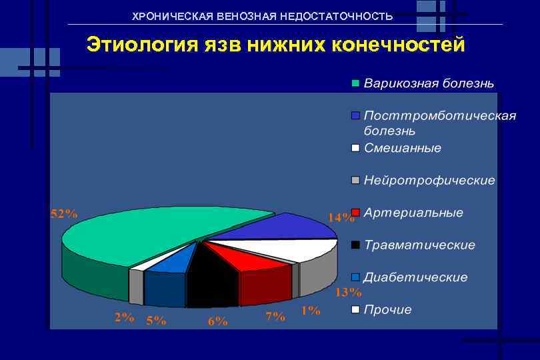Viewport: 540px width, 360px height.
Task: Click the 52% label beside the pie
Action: click(x=65, y=214)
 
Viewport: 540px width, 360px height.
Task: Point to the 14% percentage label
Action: click(x=340, y=217)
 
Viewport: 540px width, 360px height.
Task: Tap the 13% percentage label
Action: click(x=348, y=292)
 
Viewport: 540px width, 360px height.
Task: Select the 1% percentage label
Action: click(x=310, y=310)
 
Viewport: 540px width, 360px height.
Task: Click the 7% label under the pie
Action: click(x=275, y=317)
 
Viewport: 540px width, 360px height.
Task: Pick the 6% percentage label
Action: click(x=217, y=321)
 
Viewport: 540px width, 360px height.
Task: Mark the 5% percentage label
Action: click(x=156, y=320)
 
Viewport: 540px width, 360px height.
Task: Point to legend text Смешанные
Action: click(x=402, y=147)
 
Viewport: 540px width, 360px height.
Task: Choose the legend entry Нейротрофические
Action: click(x=429, y=180)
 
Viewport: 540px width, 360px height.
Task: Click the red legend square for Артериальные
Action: click(x=356, y=213)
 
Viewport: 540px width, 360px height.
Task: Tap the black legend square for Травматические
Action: click(x=356, y=245)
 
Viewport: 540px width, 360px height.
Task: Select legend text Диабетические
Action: click(x=415, y=277)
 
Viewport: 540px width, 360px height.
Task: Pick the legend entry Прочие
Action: click(x=387, y=309)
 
